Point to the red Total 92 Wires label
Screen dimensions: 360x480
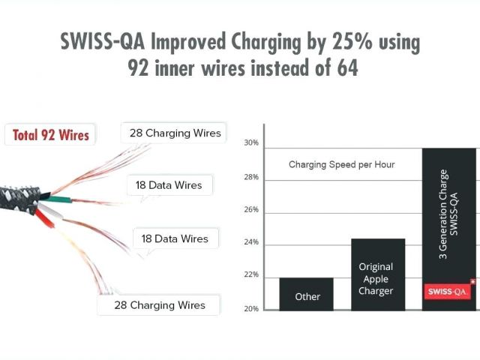click(x=51, y=135)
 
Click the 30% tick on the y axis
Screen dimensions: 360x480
click(x=251, y=142)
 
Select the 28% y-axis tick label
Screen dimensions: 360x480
click(x=251, y=178)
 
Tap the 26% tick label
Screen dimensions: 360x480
click(x=251, y=210)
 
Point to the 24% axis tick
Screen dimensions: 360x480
click(x=251, y=243)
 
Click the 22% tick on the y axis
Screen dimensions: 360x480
click(x=251, y=275)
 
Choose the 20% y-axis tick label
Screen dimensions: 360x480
click(x=251, y=308)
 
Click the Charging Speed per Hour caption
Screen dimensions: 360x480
click(x=341, y=164)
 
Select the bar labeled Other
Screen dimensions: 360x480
click(x=307, y=293)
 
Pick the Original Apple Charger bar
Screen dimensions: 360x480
click(x=378, y=274)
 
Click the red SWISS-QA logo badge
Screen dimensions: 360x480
click(x=449, y=291)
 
